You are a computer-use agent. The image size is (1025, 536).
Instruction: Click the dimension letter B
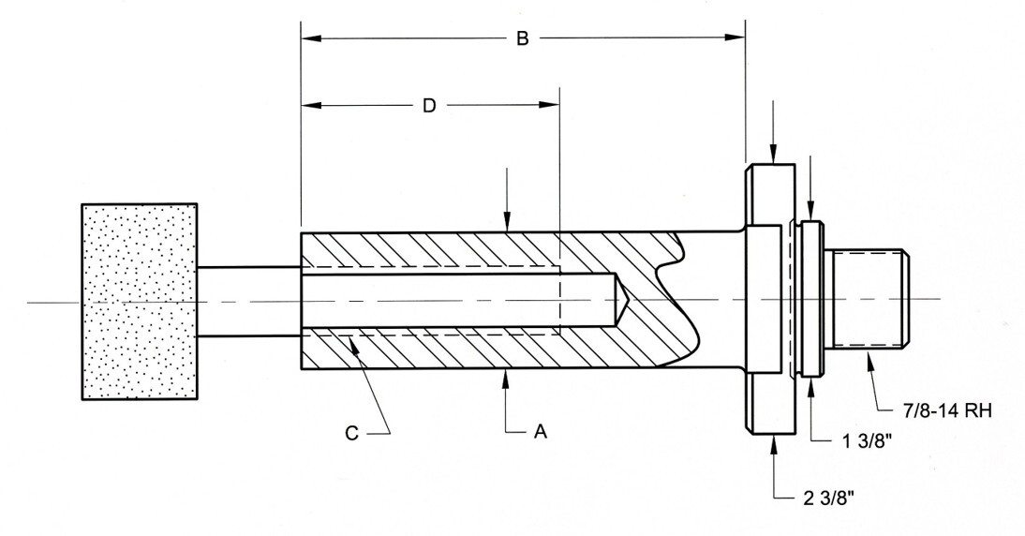[x=522, y=38]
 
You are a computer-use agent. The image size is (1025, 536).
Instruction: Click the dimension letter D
[x=429, y=106]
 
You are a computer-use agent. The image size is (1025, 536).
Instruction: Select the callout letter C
[x=351, y=433]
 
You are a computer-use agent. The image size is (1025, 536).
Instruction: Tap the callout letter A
[x=540, y=431]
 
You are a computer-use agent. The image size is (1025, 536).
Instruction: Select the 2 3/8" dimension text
[x=828, y=499]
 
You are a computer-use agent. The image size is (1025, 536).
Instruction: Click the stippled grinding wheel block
[x=140, y=301]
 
